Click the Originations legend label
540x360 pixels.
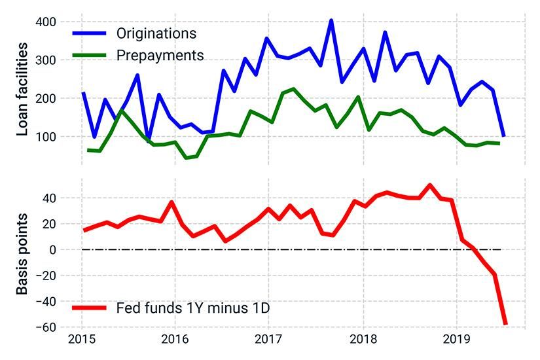pos(156,33)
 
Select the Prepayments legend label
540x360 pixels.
pos(160,54)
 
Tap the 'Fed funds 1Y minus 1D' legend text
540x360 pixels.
pos(192,307)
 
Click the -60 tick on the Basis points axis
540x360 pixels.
pos(50,327)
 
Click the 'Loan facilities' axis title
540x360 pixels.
pos(22,89)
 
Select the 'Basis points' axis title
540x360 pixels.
pos(22,253)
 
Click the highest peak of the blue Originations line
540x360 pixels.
pos(331,20)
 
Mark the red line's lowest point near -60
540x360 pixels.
pos(505,323)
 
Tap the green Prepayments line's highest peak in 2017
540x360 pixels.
pos(293,89)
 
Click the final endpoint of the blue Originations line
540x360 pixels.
pos(503,135)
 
